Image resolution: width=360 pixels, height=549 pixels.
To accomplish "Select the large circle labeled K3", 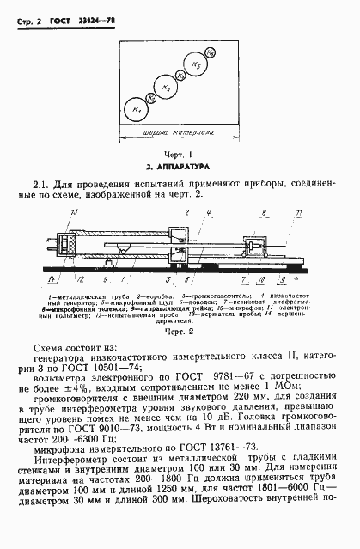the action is [168, 88].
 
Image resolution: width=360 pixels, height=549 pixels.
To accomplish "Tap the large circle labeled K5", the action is [198, 65].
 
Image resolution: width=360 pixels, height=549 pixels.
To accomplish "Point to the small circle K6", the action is [213, 52].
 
